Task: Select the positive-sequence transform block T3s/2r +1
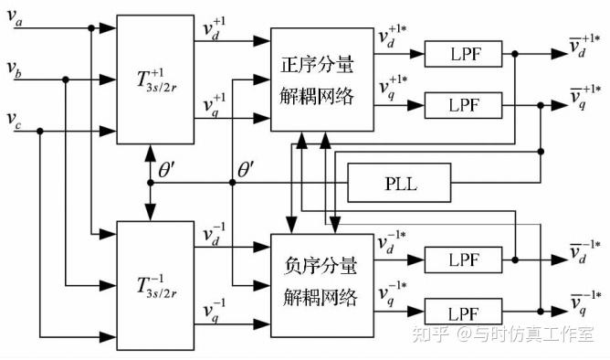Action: pos(150,79)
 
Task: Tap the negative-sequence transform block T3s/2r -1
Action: pos(150,284)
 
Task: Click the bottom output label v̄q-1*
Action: pos(584,306)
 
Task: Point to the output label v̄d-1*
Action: pos(584,256)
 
